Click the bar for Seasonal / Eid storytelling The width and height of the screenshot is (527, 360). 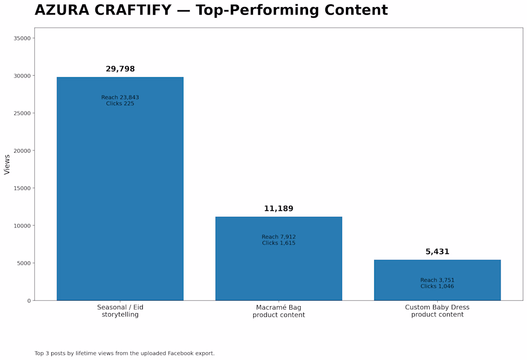click(120, 189)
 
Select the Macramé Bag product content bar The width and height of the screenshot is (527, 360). click(279, 259)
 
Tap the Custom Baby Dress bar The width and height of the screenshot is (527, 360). click(437, 280)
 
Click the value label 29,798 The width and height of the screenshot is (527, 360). click(120, 69)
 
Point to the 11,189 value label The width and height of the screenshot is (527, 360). click(279, 209)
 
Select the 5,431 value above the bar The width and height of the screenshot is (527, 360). click(437, 251)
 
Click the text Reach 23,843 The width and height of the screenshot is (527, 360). click(120, 97)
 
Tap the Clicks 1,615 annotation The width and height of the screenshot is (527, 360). click(279, 243)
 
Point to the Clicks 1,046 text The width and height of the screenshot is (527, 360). click(437, 286)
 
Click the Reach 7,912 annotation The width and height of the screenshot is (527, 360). click(279, 237)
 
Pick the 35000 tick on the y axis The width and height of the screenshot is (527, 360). click(22, 38)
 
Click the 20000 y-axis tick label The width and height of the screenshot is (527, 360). click(22, 151)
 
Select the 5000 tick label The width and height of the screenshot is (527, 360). click(23, 263)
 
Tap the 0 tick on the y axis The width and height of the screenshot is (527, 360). click(29, 301)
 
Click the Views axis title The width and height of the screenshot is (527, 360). click(7, 165)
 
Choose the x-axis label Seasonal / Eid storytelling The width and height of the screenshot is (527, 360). click(120, 311)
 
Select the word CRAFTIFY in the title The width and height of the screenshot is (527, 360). click(133, 10)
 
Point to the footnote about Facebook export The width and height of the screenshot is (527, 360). click(125, 353)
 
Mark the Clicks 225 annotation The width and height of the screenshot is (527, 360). click(120, 103)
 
